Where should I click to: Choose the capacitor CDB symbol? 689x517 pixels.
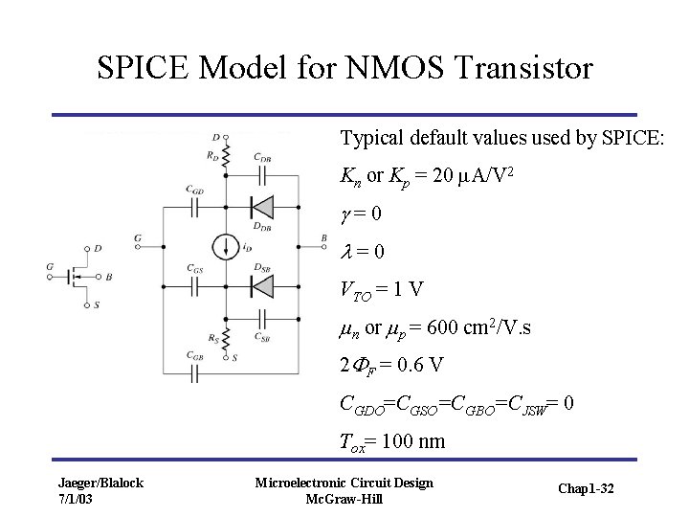(261, 174)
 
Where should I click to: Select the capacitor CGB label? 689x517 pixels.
(194, 357)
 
